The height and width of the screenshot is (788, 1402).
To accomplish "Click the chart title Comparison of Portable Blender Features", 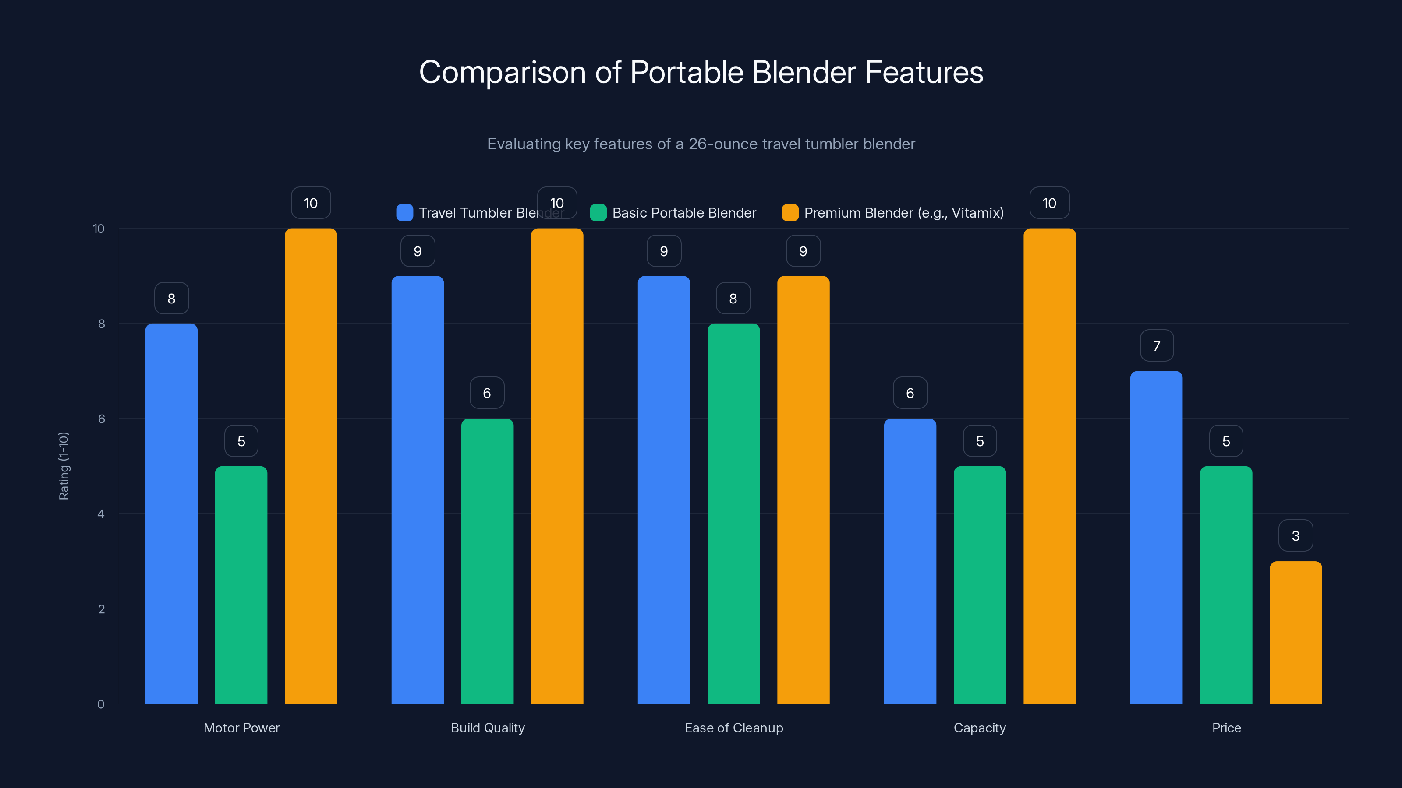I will [701, 72].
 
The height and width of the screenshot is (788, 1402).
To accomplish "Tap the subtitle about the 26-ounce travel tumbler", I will [701, 144].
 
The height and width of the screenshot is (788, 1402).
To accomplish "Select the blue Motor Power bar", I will [171, 514].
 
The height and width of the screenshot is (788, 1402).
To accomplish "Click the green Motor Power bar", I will [241, 584].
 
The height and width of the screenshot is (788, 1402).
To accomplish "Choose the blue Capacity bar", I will [910, 561].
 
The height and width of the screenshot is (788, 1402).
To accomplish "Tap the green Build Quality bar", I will [487, 561].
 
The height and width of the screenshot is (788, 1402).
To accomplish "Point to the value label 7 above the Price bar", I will [1157, 346].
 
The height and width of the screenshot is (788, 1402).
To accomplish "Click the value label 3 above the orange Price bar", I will [1296, 536].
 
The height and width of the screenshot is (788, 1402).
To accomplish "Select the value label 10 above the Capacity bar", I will [1049, 204].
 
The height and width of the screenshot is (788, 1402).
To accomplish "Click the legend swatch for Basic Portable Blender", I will [598, 213].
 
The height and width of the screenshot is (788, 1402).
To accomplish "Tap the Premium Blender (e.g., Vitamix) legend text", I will [903, 213].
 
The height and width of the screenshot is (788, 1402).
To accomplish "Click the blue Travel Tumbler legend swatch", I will [404, 213].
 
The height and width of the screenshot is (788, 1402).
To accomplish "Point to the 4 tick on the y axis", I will [101, 514].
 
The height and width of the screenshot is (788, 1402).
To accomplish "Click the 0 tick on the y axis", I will [101, 704].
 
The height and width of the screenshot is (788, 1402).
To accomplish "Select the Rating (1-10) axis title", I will [64, 466].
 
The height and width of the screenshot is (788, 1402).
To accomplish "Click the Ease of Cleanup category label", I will [734, 728].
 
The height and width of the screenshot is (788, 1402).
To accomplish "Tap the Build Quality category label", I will [488, 728].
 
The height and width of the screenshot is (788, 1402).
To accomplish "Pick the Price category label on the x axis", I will [1226, 728].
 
